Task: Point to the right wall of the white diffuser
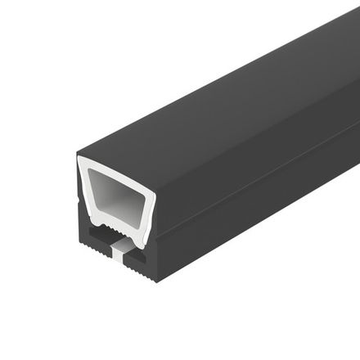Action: coord(146,205)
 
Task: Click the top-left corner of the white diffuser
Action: coord(83,160)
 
